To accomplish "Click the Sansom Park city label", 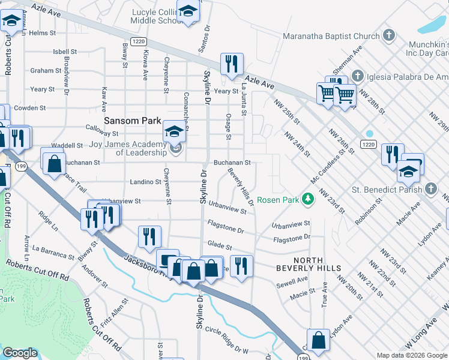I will coord(132,121).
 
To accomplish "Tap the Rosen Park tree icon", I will coord(307,199).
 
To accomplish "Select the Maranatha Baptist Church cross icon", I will coord(388,35).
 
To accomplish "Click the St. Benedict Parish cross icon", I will coord(430,189).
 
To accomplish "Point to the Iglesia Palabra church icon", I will coord(358,76).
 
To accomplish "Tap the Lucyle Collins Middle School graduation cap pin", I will coord(188,12).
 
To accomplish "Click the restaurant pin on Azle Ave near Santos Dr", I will coord(231,64).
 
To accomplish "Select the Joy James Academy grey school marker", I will coord(175,148).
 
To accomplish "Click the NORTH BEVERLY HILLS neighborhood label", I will coord(309,268).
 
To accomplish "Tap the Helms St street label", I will coord(42,33).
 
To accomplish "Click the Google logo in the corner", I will coord(20,353).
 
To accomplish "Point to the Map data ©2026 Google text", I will coord(411,356).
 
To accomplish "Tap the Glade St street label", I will coord(220,246).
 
